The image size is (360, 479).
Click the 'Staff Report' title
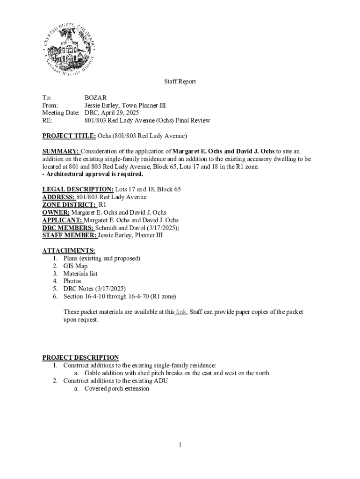coord(180,82)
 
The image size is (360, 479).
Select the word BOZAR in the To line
coord(95,98)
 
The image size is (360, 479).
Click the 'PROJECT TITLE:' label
coord(69,136)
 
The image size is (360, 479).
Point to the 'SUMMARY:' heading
coord(61,152)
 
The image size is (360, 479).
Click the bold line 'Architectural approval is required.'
coord(94,174)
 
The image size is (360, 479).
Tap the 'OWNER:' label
coord(56,212)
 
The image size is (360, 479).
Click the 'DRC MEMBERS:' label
coord(68,228)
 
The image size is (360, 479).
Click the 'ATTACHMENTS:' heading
coord(69,251)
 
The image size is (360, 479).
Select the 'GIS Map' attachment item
coord(75,266)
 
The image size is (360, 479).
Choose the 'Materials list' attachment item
coord(80,274)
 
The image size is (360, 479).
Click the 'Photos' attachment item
coord(72,281)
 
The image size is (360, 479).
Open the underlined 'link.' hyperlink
coord(181,312)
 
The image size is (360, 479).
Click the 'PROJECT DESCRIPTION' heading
coord(80,358)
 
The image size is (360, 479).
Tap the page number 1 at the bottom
coord(180,445)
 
